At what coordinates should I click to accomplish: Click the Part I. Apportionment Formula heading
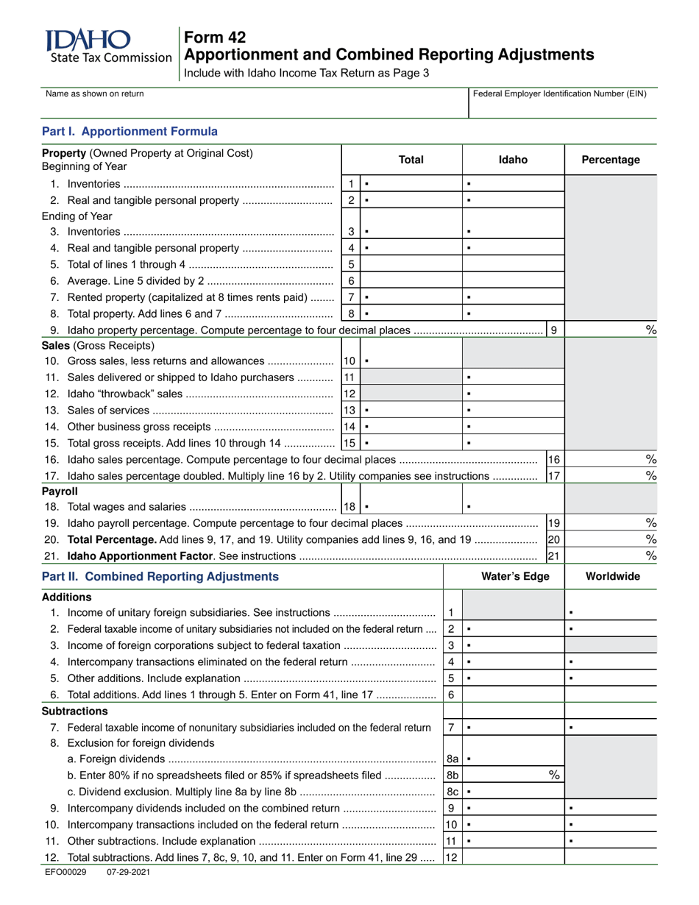pyautogui.click(x=129, y=132)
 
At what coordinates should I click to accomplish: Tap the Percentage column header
pyautogui.click(x=611, y=160)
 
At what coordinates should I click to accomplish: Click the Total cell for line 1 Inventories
pyautogui.click(x=411, y=183)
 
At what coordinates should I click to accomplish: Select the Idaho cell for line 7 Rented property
pyautogui.click(x=513, y=298)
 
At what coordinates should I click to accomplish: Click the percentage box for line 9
pyautogui.click(x=611, y=330)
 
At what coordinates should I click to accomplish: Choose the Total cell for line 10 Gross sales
pyautogui.click(x=411, y=361)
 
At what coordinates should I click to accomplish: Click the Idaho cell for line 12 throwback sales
pyautogui.click(x=513, y=394)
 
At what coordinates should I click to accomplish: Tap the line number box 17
pyautogui.click(x=555, y=475)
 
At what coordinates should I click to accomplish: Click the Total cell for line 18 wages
pyautogui.click(x=411, y=506)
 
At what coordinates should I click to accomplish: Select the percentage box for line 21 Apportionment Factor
pyautogui.click(x=611, y=556)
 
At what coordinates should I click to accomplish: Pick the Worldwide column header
pyautogui.click(x=612, y=577)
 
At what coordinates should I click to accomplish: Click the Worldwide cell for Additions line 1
pyautogui.click(x=611, y=613)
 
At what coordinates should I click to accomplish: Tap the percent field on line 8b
pyautogui.click(x=513, y=775)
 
